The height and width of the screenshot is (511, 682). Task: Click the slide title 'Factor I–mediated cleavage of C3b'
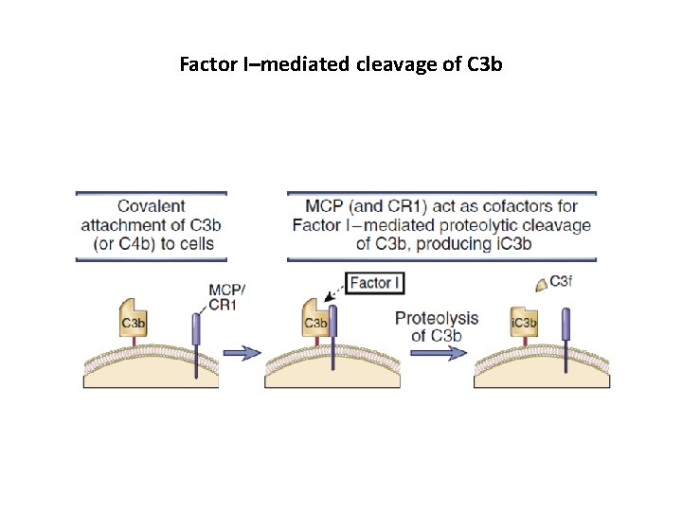click(341, 65)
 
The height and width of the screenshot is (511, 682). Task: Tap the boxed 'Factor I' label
click(376, 282)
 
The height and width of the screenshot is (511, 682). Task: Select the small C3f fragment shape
click(539, 282)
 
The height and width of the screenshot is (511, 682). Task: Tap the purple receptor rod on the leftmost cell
click(197, 331)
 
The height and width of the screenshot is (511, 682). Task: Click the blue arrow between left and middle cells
click(242, 352)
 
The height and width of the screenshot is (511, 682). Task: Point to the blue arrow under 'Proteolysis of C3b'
click(439, 352)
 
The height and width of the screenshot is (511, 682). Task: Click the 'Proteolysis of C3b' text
click(436, 326)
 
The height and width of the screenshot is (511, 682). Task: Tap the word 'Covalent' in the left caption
click(151, 205)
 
